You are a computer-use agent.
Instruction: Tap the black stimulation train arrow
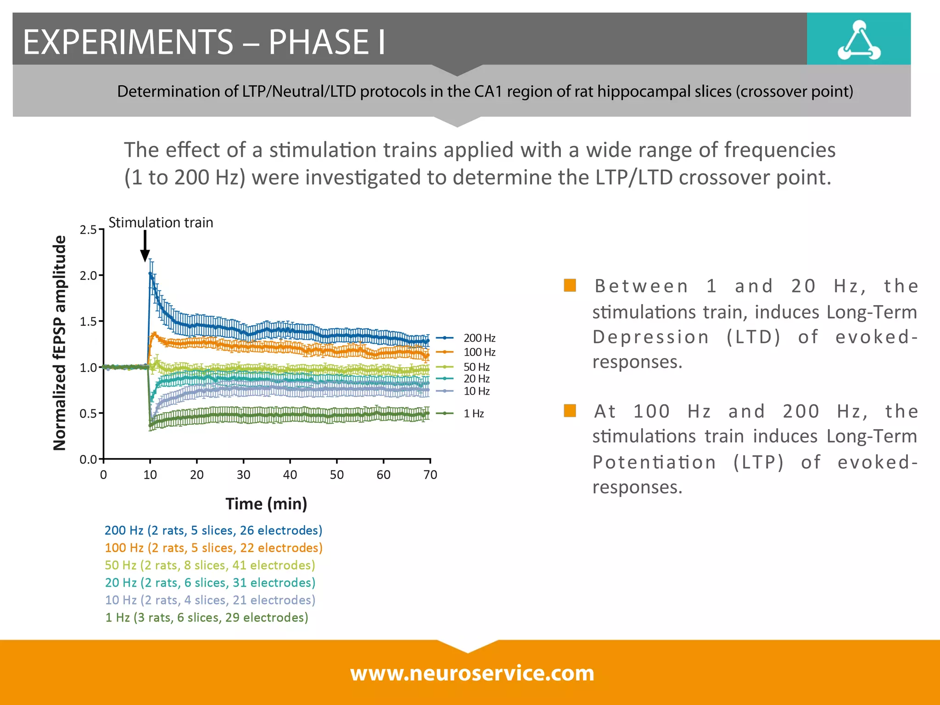pyautogui.click(x=145, y=246)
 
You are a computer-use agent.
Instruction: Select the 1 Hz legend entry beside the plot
pyautogui.click(x=473, y=414)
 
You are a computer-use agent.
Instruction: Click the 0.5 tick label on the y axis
pyautogui.click(x=88, y=414)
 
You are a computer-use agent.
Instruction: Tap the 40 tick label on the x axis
pyautogui.click(x=290, y=475)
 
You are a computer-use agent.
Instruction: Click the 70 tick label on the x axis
pyautogui.click(x=430, y=475)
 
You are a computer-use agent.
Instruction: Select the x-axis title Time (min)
pyautogui.click(x=266, y=504)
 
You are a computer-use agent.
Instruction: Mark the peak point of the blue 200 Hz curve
pyautogui.click(x=151, y=274)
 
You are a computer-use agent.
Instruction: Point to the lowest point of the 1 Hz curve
pyautogui.click(x=151, y=425)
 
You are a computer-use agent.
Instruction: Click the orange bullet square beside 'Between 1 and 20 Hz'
pyautogui.click(x=570, y=285)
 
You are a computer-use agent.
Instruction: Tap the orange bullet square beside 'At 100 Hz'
pyautogui.click(x=570, y=410)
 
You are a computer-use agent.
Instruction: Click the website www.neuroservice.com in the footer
pyautogui.click(x=472, y=673)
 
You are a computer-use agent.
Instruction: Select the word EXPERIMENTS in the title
pyautogui.click(x=128, y=42)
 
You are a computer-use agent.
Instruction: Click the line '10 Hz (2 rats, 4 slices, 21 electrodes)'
pyautogui.click(x=210, y=600)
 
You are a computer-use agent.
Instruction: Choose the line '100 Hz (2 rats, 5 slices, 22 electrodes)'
pyautogui.click(x=213, y=548)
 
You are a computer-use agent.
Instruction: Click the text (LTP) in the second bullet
pyautogui.click(x=758, y=462)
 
